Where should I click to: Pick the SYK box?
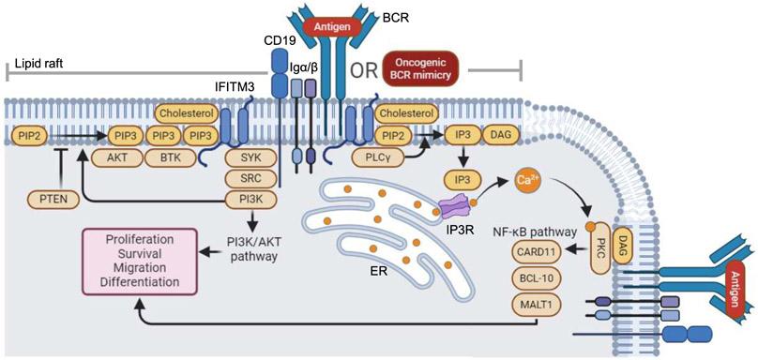click(x=250, y=159)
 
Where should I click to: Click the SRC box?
click(x=250, y=178)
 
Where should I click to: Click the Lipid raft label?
click(x=42, y=67)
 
